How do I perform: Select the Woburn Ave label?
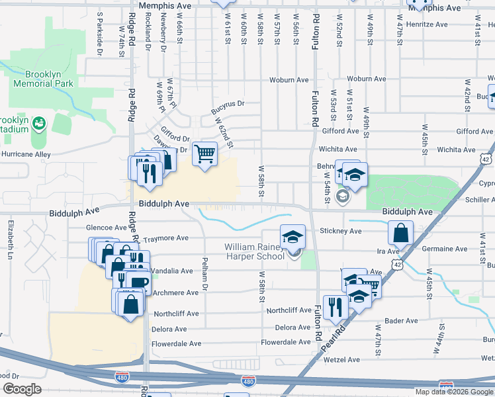(289, 80)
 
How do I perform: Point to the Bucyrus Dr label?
(228, 104)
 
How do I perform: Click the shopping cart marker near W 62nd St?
(205, 154)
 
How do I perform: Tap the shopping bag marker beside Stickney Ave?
(401, 233)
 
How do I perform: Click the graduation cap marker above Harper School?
(292, 236)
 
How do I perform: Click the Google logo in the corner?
(22, 388)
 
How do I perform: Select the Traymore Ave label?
(166, 238)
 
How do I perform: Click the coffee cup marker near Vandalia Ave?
(139, 283)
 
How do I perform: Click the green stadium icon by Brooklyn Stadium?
(38, 124)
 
